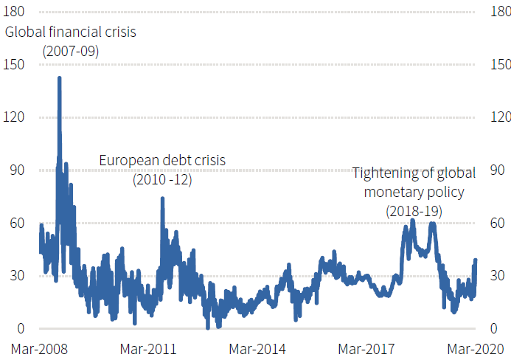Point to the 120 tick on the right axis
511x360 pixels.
pos(500,117)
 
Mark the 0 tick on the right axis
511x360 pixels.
pos(495,329)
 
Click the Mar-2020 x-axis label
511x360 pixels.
pos(476,348)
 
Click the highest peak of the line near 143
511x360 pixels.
pos(59,77)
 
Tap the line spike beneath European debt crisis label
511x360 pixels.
pos(162,198)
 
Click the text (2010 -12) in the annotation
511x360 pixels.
pos(162,179)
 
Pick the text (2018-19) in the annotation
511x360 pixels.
pos(414,211)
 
